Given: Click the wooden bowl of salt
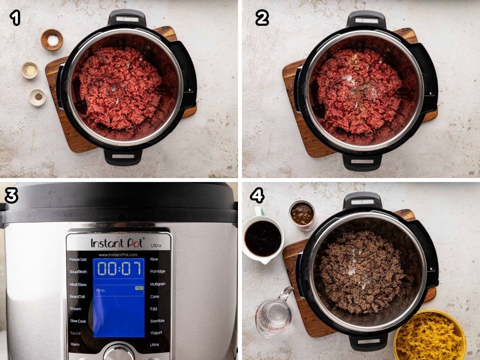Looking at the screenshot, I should [x=52, y=40].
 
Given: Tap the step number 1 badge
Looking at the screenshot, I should [x=15, y=18].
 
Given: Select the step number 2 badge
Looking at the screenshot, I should [x=262, y=18].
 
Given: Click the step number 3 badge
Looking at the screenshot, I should [x=11, y=196].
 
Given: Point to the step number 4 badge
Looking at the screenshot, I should [x=257, y=196].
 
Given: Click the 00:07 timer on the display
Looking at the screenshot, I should [x=119, y=268].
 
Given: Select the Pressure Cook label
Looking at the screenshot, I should [x=78, y=259].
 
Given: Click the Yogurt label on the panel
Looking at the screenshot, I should [x=156, y=332].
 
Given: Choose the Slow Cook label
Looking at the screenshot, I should [x=78, y=321].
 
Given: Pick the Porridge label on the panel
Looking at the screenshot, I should [x=157, y=272].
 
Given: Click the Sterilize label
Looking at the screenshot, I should [x=157, y=321].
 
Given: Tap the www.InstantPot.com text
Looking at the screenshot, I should [x=118, y=254].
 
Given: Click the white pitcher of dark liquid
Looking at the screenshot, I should [x=262, y=238].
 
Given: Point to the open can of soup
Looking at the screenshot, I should [x=302, y=215].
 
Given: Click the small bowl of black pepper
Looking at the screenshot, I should [x=37, y=97].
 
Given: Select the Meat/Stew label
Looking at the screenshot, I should [x=78, y=284].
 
